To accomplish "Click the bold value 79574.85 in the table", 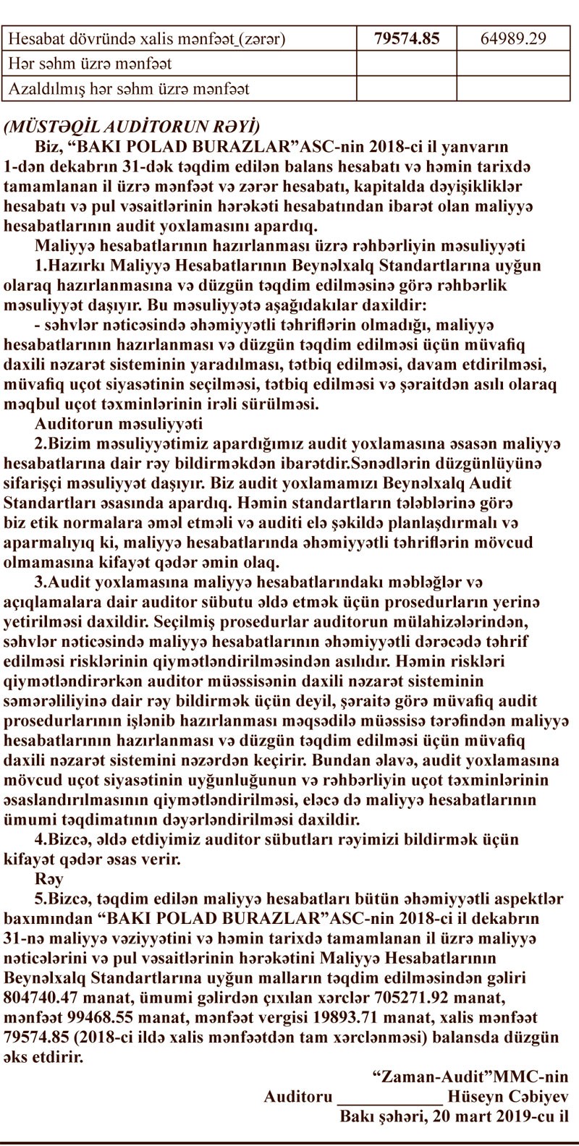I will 407,38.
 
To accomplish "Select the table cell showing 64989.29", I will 513,38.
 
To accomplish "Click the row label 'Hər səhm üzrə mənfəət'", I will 100,64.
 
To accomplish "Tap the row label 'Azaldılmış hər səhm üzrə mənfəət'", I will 129,89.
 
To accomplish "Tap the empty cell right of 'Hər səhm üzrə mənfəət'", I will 407,64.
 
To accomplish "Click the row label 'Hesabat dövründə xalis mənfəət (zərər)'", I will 145,38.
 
